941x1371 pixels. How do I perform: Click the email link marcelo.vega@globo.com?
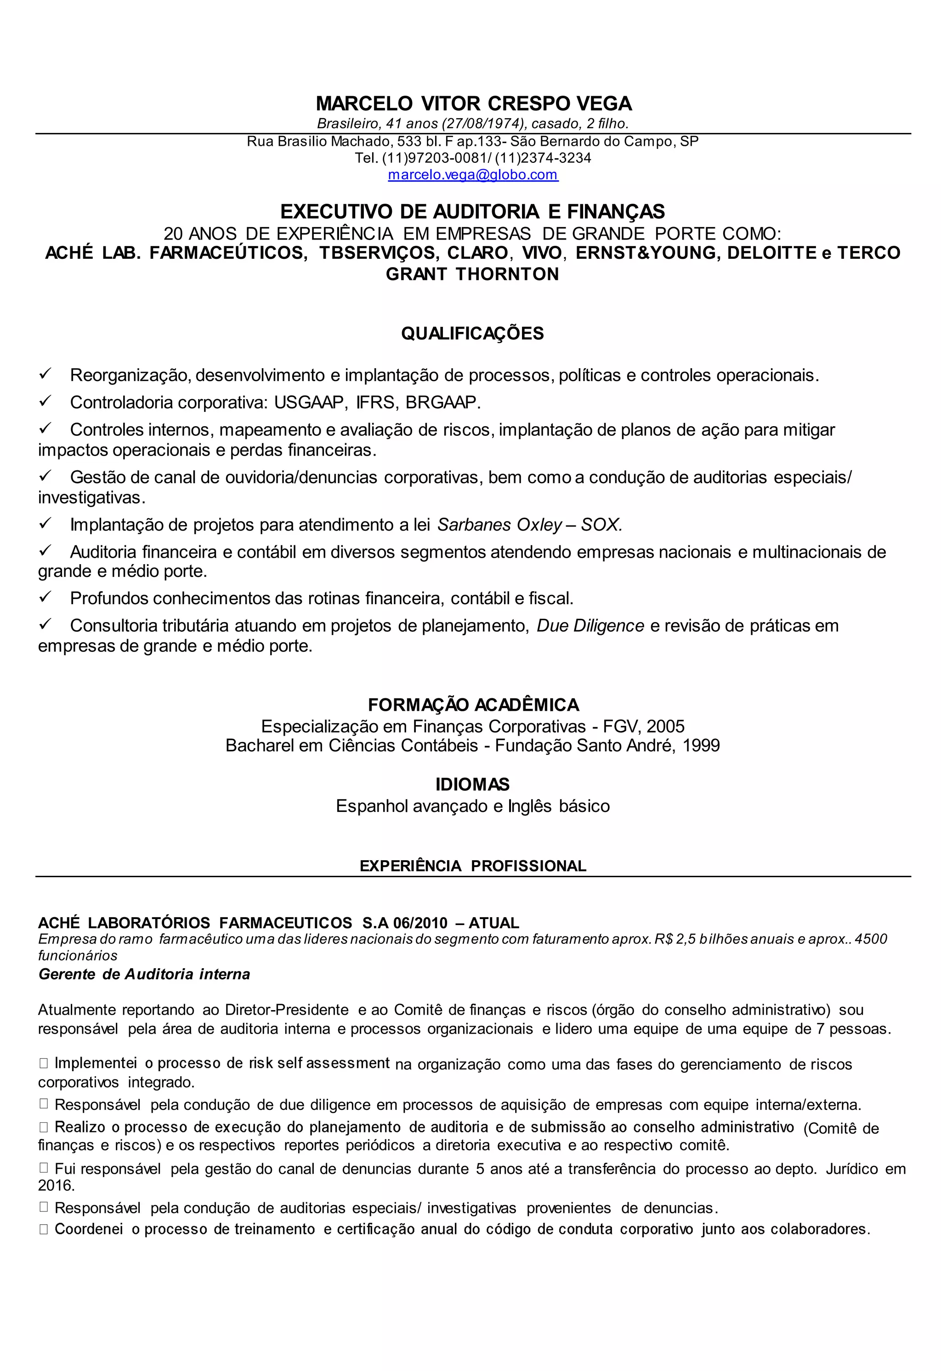coord(473,175)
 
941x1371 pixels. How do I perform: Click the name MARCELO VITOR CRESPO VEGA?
coord(473,104)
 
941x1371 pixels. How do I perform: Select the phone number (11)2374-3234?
coord(543,158)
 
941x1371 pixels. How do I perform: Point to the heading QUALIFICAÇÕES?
coord(472,334)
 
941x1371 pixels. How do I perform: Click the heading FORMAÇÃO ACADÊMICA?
coord(473,705)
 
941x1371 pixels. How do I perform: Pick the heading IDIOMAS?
coord(472,785)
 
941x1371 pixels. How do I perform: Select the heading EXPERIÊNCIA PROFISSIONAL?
coord(473,866)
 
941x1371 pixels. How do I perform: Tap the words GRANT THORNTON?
coord(472,274)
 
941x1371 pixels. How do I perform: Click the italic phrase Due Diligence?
coord(590,626)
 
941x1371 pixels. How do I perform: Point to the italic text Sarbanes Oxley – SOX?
coord(529,525)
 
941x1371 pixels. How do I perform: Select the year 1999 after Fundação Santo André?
coord(701,746)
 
